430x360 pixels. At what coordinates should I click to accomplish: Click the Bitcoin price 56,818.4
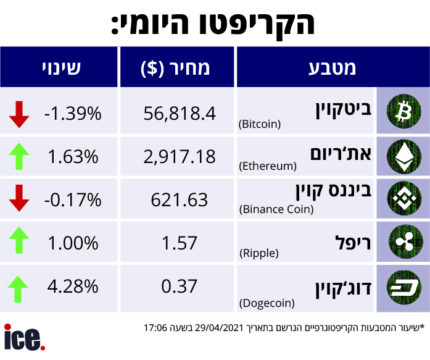(x=179, y=113)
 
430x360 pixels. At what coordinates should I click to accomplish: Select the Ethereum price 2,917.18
(x=179, y=156)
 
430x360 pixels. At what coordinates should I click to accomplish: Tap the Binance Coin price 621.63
(x=179, y=199)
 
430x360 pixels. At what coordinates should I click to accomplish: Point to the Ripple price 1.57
(x=179, y=243)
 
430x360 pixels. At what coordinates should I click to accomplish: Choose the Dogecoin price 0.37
(x=179, y=286)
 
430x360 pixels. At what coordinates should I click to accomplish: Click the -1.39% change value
(x=72, y=113)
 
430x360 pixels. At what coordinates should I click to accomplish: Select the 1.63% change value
(x=73, y=156)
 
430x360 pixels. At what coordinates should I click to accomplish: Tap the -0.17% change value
(x=72, y=199)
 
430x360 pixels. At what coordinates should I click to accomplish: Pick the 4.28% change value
(x=73, y=286)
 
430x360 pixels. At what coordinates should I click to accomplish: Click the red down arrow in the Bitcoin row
(x=20, y=114)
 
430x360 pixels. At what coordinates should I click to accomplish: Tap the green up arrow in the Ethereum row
(x=20, y=156)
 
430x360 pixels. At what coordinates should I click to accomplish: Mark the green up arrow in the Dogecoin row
(x=20, y=287)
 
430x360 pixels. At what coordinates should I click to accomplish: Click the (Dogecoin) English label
(x=267, y=303)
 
